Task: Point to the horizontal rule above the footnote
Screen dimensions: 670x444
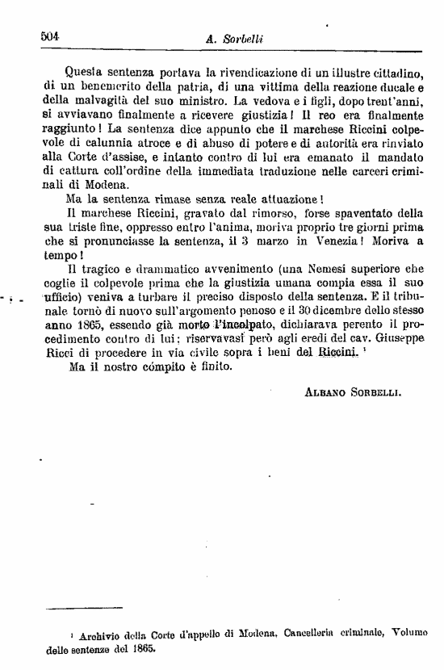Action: (x=84, y=607)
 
